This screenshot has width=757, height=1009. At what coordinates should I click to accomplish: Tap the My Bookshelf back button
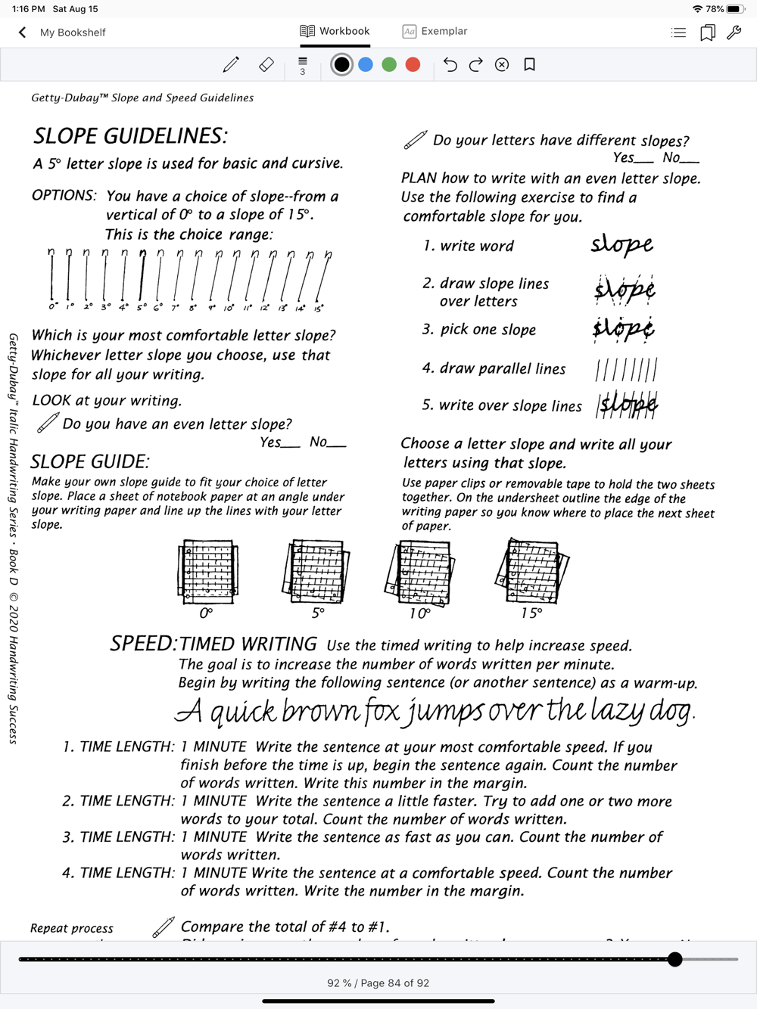click(x=61, y=33)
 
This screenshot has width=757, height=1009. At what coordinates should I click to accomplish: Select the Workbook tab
click(x=335, y=31)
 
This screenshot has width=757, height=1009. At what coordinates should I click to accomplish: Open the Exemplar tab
click(x=435, y=31)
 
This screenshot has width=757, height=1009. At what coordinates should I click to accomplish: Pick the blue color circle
click(x=366, y=65)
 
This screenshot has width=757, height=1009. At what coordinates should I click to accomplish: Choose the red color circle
click(x=413, y=65)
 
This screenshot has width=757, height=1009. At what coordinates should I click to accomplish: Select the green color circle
click(x=389, y=65)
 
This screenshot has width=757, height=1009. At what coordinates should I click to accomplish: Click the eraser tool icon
click(x=266, y=65)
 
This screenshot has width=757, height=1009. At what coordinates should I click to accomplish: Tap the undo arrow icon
click(x=450, y=65)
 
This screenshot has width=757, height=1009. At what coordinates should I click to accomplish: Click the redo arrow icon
click(x=476, y=65)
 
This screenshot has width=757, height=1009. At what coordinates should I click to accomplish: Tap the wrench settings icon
click(x=734, y=33)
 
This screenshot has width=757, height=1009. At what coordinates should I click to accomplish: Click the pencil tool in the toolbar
click(x=231, y=65)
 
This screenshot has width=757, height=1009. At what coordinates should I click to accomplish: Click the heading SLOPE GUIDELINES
click(x=130, y=136)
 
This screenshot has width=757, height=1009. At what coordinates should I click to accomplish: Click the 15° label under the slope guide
click(x=531, y=613)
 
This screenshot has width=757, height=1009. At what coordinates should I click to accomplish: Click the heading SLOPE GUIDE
click(x=90, y=461)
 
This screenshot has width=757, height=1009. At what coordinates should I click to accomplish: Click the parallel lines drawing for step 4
click(x=626, y=370)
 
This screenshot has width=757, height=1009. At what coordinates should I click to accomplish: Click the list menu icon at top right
click(x=678, y=33)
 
